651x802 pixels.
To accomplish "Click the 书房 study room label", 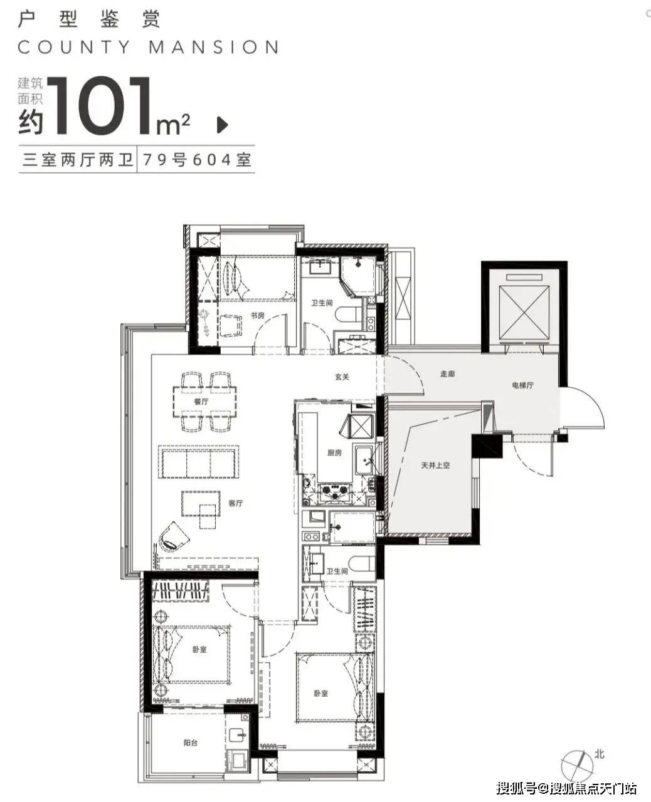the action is click(x=258, y=316).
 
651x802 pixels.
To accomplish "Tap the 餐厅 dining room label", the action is click(x=201, y=402).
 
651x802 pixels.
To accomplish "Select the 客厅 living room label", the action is click(x=236, y=503).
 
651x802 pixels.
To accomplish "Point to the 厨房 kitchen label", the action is click(x=334, y=452).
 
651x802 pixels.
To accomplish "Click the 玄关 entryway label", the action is click(x=342, y=377).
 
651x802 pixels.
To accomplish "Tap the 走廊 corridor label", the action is click(x=447, y=373).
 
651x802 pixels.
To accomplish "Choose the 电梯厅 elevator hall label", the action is click(x=522, y=385).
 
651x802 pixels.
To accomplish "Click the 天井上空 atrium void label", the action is click(x=435, y=465).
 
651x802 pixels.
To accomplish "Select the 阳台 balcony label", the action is click(x=191, y=743).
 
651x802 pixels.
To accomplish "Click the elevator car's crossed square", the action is click(x=524, y=313).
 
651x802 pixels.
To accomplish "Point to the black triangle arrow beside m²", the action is click(x=223, y=125).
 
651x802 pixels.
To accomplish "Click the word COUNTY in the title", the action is click(x=74, y=48).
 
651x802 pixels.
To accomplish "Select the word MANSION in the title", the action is click(x=214, y=48).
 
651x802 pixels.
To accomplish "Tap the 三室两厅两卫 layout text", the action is click(x=78, y=160).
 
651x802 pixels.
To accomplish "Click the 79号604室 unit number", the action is click(x=196, y=160).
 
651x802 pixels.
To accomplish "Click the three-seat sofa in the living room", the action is click(x=198, y=462).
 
